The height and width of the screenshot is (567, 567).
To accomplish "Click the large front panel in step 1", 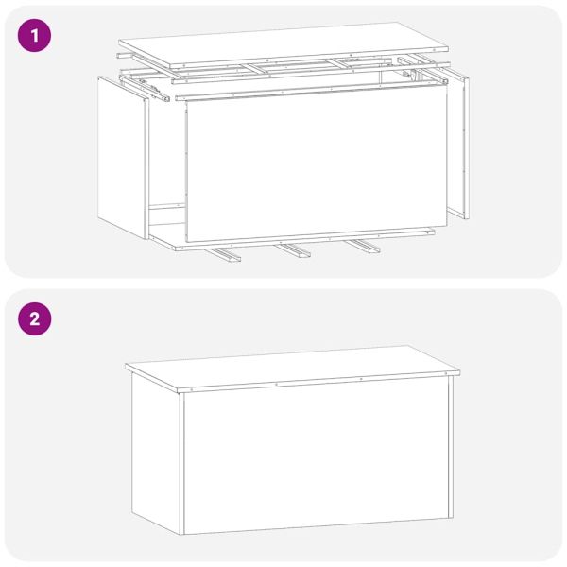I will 312,165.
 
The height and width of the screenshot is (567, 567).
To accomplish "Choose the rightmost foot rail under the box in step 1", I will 364,247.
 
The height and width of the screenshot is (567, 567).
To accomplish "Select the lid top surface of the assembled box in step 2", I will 293,364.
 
